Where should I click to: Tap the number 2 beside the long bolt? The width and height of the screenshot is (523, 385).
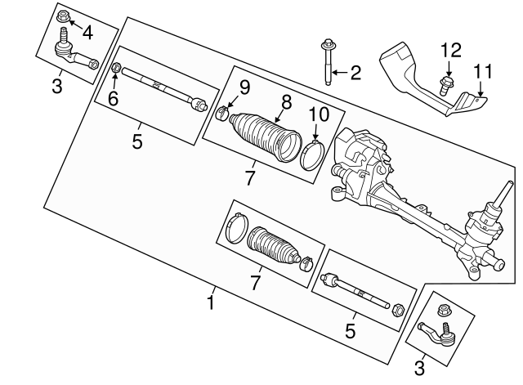click(354, 74)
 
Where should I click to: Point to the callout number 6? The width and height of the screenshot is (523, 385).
click(113, 98)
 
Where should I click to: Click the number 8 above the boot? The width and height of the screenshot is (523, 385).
click(286, 103)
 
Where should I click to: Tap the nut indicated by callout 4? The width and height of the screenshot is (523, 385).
click(64, 16)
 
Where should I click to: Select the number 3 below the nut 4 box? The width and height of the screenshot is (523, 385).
click(56, 85)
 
